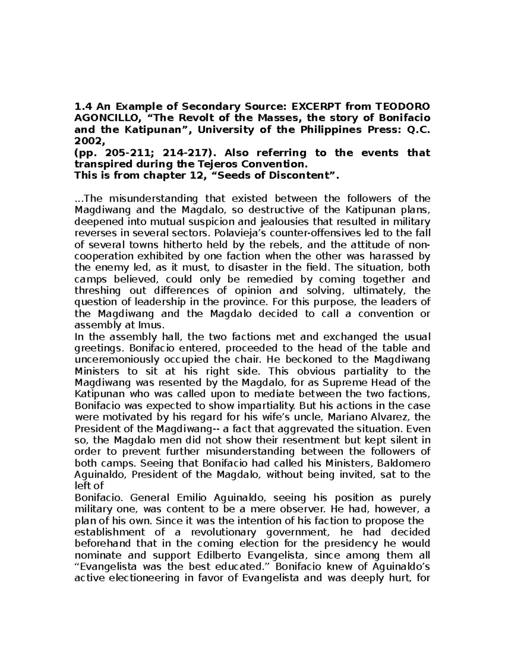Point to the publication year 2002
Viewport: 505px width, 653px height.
(88, 140)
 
